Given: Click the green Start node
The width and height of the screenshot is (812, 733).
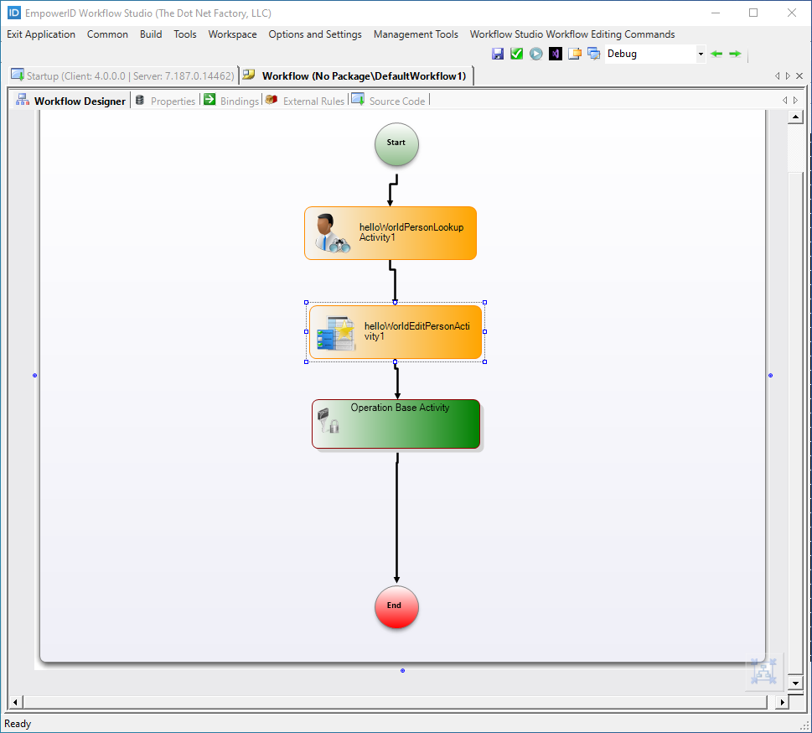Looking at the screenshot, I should (396, 144).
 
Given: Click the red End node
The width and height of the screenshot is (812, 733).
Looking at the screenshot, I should (396, 606).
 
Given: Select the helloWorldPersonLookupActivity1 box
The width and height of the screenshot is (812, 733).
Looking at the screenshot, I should (390, 233).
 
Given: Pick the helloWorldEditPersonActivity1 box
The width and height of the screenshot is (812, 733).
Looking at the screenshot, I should (396, 332).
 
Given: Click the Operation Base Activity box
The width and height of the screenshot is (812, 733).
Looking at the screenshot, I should (396, 424).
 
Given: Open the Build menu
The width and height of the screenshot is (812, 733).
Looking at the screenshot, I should (151, 34).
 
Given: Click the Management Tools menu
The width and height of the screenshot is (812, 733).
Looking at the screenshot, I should (416, 34).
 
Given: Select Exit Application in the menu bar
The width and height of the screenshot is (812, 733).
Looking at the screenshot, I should (41, 34).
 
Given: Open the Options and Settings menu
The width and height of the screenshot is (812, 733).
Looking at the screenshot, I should (315, 34).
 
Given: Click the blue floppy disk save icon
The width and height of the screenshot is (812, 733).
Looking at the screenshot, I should (498, 54).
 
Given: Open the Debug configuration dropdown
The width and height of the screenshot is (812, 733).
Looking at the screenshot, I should (701, 54).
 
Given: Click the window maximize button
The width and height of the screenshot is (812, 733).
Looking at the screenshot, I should (753, 13).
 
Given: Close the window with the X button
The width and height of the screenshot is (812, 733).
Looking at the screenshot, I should (792, 13).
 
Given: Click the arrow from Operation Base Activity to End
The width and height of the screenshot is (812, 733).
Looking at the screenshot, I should (396, 520).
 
